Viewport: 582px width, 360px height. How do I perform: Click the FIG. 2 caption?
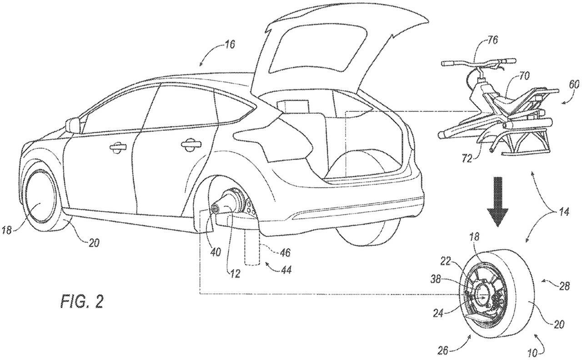tap(82, 302)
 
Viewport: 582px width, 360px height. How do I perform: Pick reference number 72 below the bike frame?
tap(467, 158)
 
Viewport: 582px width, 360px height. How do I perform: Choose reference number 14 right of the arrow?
tap(562, 212)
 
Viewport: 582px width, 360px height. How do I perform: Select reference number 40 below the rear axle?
tap(216, 252)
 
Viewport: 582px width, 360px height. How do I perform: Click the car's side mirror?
tap(72, 125)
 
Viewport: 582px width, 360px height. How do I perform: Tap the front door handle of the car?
tap(116, 147)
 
